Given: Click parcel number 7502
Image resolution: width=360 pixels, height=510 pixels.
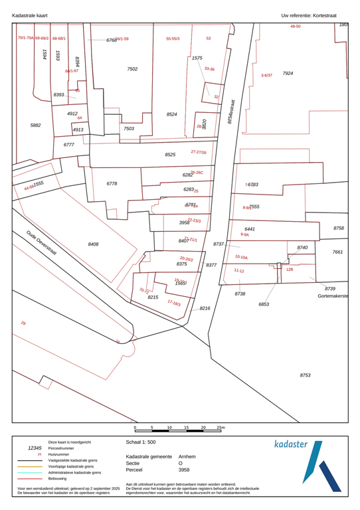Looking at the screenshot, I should click(132, 69).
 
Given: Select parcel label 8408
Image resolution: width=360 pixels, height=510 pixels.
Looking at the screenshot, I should click(93, 244).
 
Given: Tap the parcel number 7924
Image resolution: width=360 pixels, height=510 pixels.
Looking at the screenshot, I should click(288, 73).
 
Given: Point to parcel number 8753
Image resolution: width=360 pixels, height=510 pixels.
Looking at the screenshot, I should click(305, 375).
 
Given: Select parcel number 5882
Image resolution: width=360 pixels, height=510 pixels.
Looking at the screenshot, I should click(36, 125).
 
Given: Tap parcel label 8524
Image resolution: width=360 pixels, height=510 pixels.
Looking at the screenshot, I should click(171, 114).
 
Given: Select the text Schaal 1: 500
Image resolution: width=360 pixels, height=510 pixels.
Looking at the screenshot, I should click(140, 442).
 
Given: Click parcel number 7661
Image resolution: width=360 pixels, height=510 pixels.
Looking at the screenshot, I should click(337, 252).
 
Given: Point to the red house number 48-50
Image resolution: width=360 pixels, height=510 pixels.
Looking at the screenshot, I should click(296, 27).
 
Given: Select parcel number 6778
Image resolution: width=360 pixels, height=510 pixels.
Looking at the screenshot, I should click(112, 183).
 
